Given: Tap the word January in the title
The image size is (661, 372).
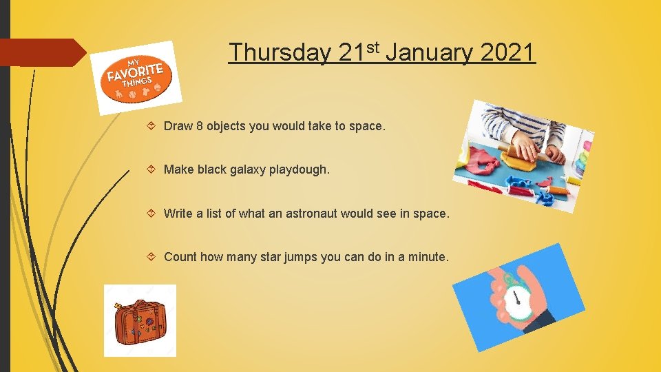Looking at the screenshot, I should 428,52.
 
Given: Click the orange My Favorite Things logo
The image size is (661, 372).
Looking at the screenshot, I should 135,77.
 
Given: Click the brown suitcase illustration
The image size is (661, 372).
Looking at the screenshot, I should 140,321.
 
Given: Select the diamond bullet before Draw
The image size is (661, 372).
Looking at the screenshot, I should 153,126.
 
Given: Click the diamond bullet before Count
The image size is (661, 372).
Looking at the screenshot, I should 153,257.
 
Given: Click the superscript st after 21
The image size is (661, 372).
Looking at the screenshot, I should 373,46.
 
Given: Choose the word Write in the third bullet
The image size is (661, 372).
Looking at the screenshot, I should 178,214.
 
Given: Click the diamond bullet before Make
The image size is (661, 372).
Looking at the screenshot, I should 153,169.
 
